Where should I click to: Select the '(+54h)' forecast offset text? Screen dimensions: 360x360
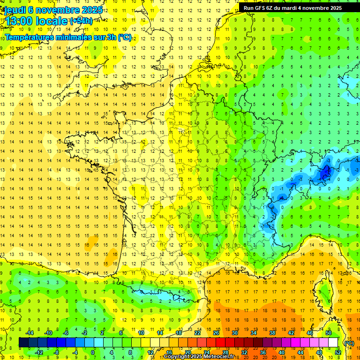(81, 21)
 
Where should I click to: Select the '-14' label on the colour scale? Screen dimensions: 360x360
(30, 333)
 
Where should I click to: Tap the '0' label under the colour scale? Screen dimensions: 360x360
(92, 352)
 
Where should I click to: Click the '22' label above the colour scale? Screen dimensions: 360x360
(197, 333)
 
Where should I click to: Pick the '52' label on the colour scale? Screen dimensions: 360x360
(337, 352)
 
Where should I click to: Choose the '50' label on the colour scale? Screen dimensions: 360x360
(329, 333)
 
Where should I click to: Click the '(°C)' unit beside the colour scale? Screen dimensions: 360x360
(349, 343)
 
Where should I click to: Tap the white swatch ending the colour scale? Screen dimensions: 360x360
(333, 343)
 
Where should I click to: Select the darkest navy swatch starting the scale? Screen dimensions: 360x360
(23, 343)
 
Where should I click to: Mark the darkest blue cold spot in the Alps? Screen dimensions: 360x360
(324, 172)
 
